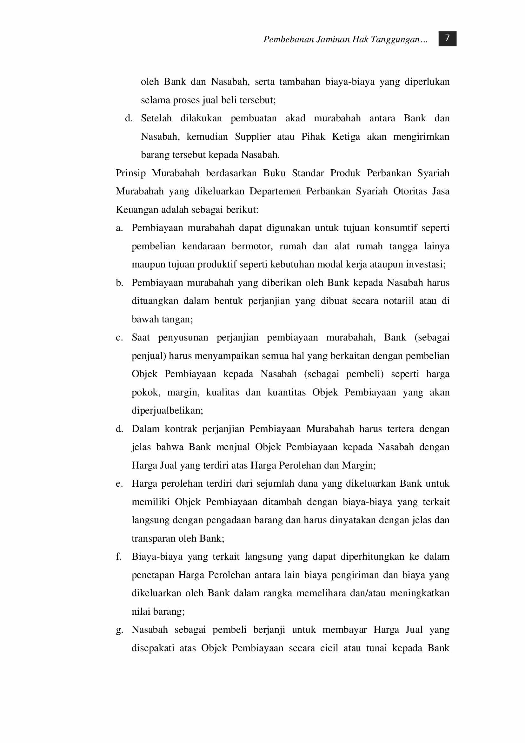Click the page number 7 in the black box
click(x=447, y=38)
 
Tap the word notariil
click(x=398, y=301)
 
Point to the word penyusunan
click(x=183, y=338)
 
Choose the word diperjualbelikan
click(x=167, y=411)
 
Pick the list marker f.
click(x=119, y=557)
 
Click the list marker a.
click(x=119, y=228)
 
